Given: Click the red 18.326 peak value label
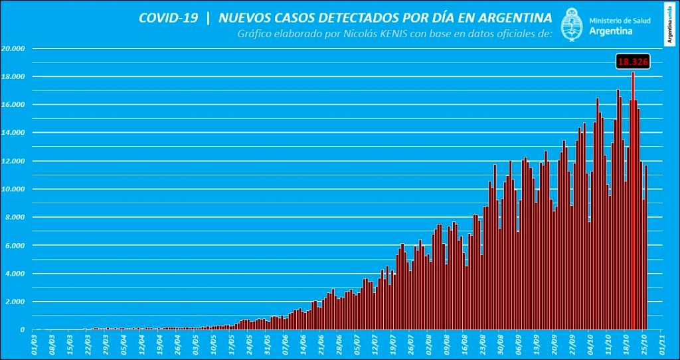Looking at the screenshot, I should (x=632, y=62).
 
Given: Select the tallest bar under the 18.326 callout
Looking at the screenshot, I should (x=633, y=199).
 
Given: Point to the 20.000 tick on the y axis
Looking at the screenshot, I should (x=13, y=48).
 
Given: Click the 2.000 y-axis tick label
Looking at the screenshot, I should (x=15, y=302).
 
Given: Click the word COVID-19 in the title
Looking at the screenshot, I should (x=168, y=18).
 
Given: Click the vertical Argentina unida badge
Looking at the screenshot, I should (x=671, y=23).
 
